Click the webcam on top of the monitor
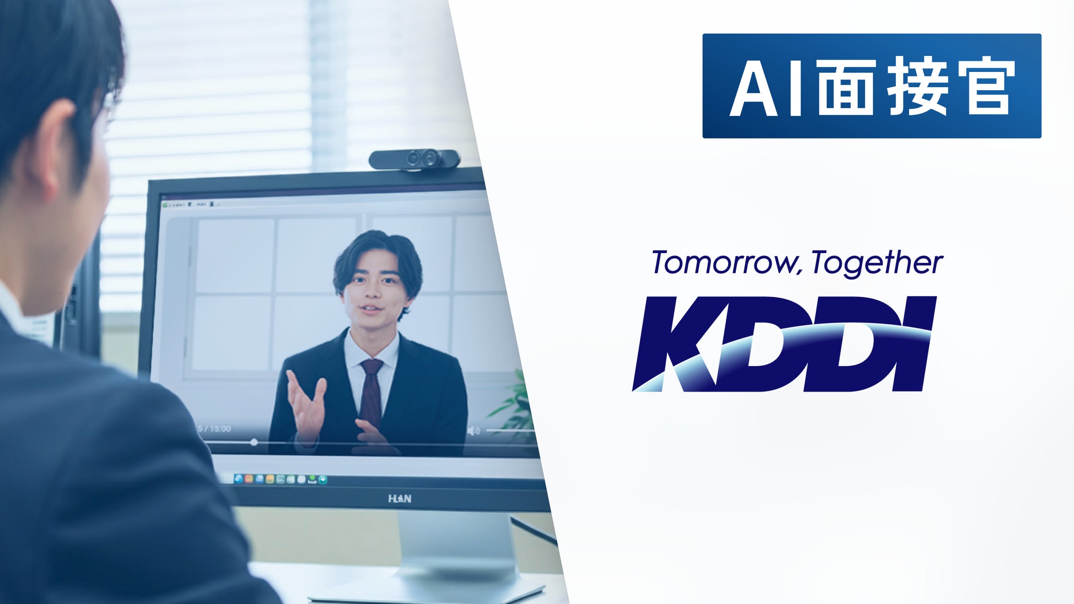pos(414,159)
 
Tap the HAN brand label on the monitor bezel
pos(399,499)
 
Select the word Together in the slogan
pos(877,263)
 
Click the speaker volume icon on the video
pos(473,431)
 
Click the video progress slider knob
pos(254,442)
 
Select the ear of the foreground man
pos(55,149)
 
